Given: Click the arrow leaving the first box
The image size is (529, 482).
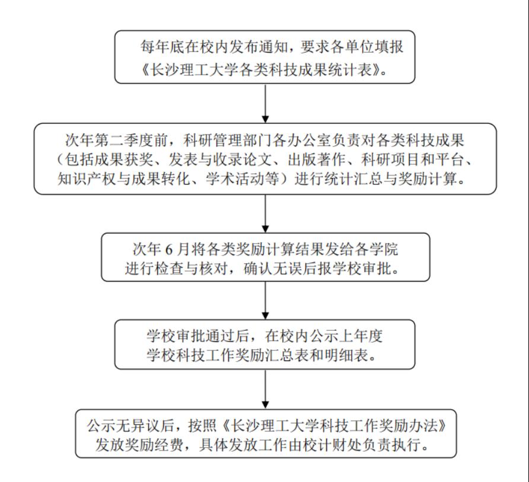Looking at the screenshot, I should (265, 103).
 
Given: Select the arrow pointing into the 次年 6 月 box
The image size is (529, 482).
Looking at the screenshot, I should (265, 213).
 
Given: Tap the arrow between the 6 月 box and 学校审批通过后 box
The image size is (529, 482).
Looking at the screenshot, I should (265, 301).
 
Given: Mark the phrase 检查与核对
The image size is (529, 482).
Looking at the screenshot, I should (196, 267).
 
